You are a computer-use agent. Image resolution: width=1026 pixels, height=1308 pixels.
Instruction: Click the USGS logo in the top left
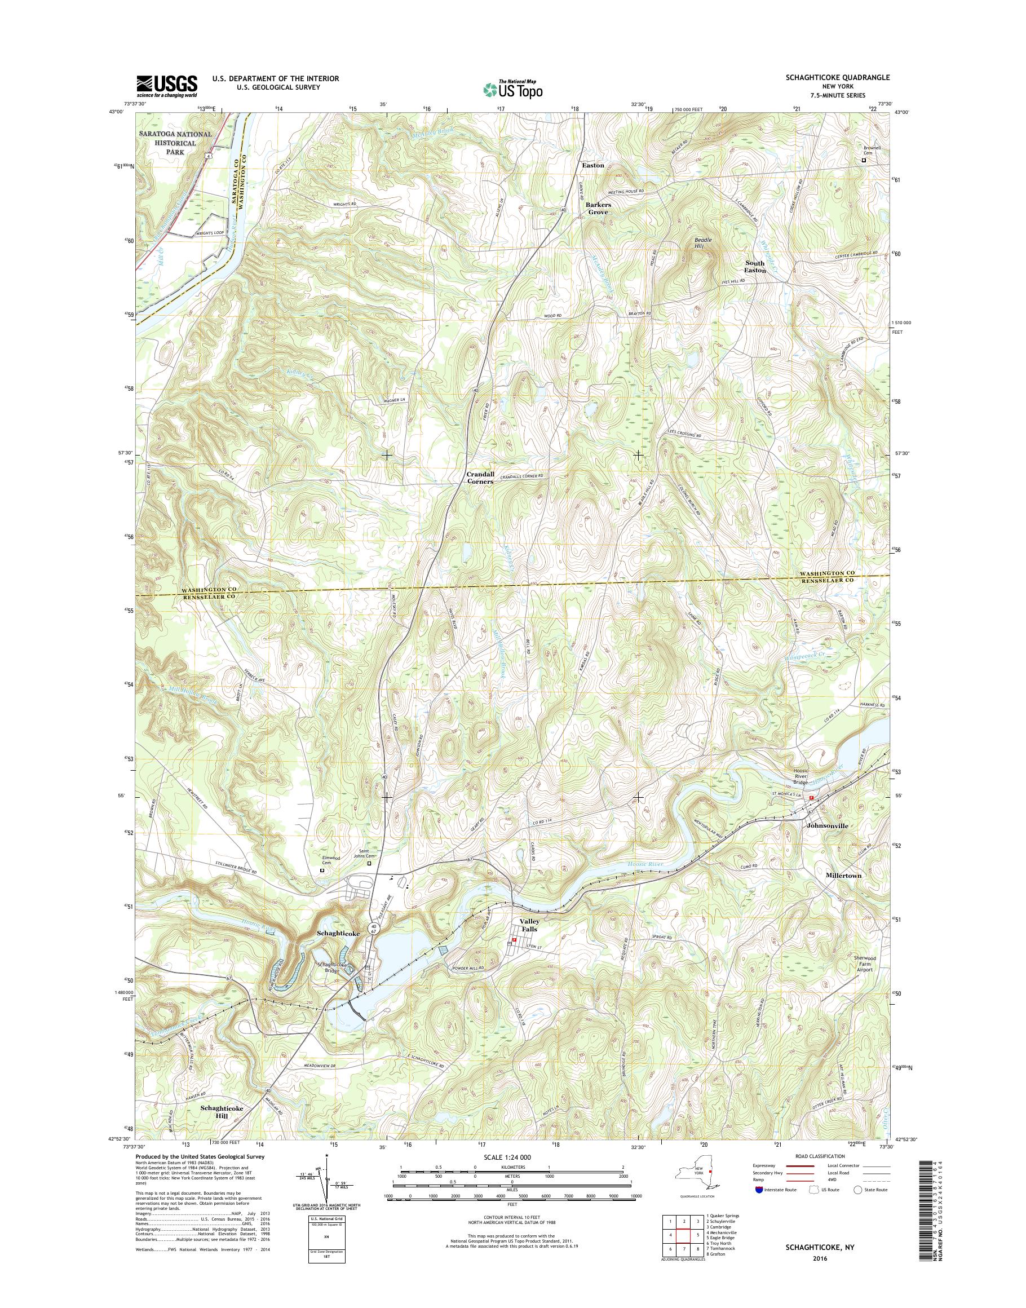[167, 86]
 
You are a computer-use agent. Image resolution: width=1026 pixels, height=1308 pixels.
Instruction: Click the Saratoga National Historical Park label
[169, 143]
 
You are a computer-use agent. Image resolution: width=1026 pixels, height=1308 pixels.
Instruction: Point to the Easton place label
[592, 165]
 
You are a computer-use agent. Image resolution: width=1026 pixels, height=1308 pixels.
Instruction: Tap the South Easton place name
[755, 267]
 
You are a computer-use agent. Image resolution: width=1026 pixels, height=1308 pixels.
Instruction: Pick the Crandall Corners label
[480, 478]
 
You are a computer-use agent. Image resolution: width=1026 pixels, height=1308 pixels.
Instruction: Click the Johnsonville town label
[826, 825]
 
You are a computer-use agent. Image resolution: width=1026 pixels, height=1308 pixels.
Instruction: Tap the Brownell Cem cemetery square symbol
[864, 161]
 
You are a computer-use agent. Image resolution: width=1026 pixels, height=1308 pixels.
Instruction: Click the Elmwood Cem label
[331, 860]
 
